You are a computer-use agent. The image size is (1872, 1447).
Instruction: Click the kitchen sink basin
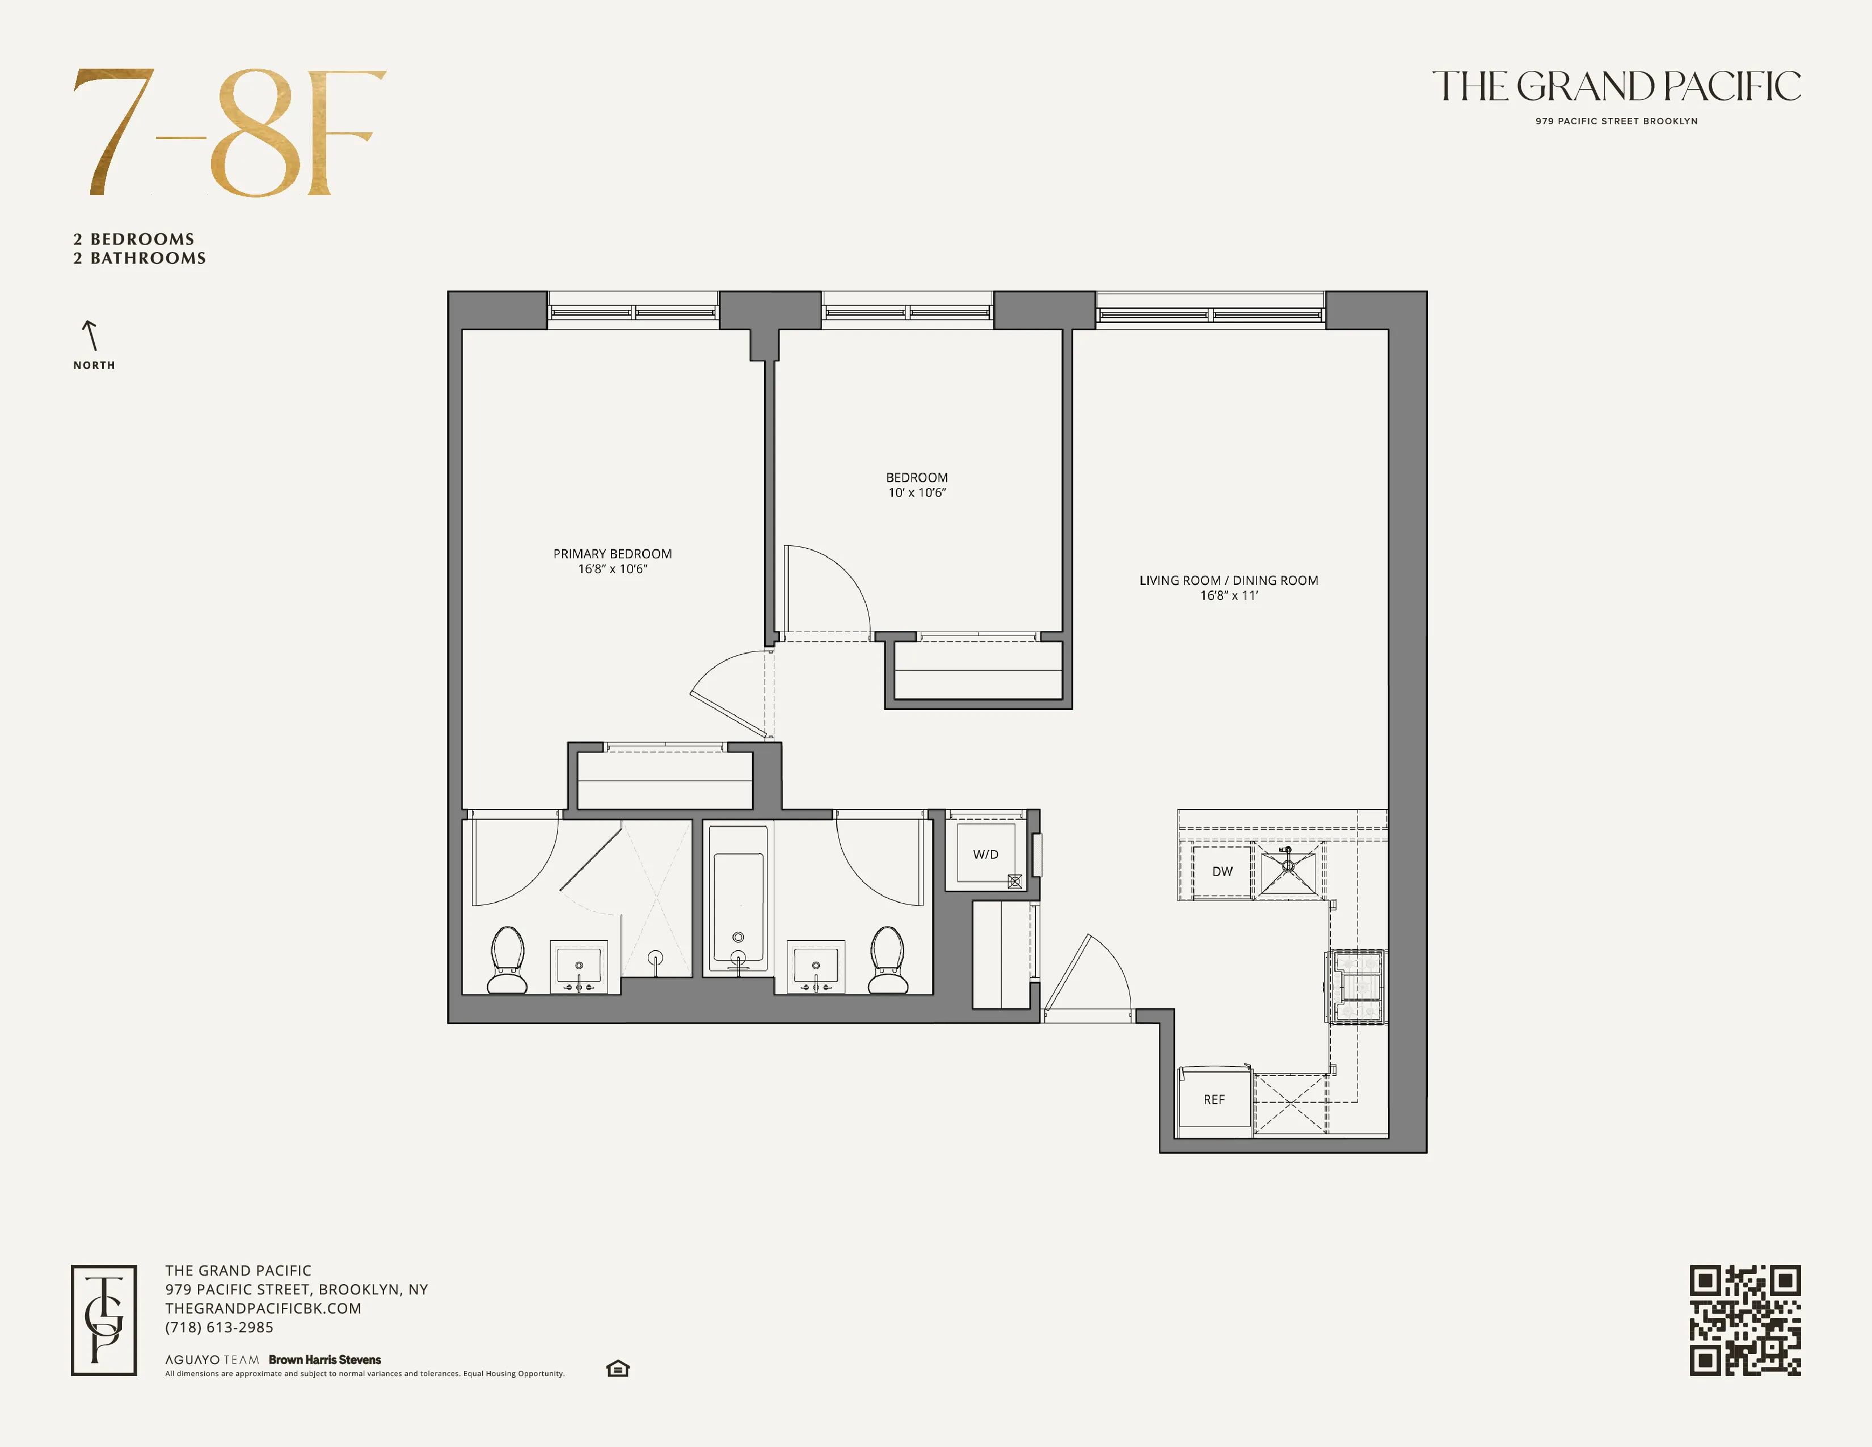tap(1288, 870)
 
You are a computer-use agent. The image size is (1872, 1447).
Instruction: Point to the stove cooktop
tap(1356, 987)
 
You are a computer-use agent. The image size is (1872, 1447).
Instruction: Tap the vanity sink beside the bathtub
tap(815, 967)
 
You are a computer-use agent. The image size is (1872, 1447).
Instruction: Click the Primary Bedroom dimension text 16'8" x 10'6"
tap(612, 569)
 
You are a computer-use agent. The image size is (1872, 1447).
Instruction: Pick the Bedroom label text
tap(916, 477)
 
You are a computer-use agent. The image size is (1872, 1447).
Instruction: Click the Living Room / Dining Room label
tap(1228, 581)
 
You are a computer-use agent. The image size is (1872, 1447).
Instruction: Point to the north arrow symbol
tap(90, 335)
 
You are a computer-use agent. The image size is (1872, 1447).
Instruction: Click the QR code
tap(1744, 1320)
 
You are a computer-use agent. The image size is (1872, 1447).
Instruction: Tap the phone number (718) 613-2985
tap(220, 1327)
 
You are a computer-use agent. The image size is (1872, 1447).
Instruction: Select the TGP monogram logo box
tap(104, 1320)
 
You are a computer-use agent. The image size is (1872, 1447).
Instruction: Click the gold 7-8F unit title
tap(230, 133)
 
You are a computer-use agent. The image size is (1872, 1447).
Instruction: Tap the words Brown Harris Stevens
tap(325, 1360)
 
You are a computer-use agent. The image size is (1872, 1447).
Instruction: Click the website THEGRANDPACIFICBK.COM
tap(263, 1308)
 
